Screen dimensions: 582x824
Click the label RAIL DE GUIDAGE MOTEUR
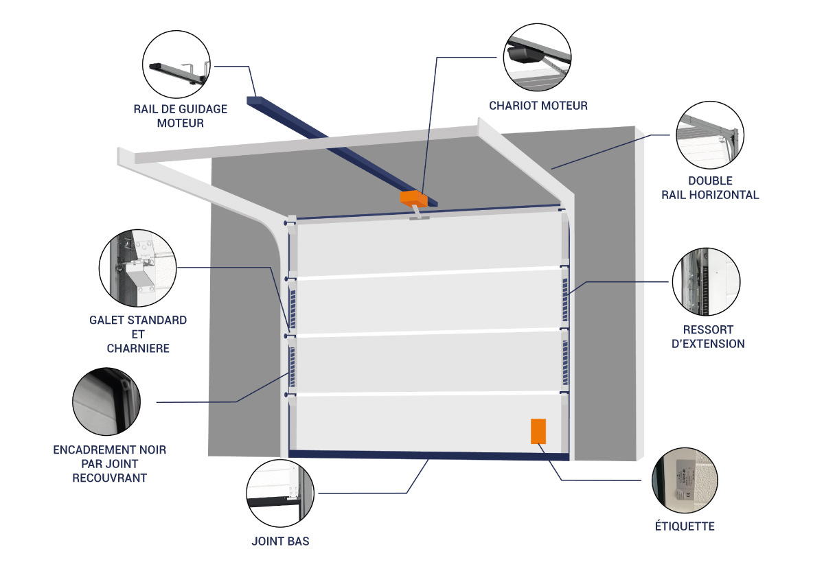[x=181, y=116]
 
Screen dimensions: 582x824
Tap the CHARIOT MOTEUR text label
[x=538, y=106]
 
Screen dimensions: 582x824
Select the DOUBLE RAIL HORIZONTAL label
[x=710, y=188]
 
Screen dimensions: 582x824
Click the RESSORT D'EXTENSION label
[x=709, y=336]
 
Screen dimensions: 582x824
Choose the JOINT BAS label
[x=280, y=541]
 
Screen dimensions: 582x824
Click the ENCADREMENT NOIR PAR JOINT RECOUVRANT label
[x=109, y=463]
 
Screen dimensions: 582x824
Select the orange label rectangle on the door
[x=538, y=431]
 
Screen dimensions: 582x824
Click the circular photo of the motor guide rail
[x=178, y=67]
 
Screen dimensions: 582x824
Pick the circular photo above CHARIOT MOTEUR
[x=538, y=58]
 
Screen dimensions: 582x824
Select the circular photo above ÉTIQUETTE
[x=685, y=480]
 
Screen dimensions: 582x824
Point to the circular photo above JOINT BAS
[x=280, y=493]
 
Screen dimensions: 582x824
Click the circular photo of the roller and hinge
[x=138, y=267]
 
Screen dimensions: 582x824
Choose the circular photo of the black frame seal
[x=107, y=401]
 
